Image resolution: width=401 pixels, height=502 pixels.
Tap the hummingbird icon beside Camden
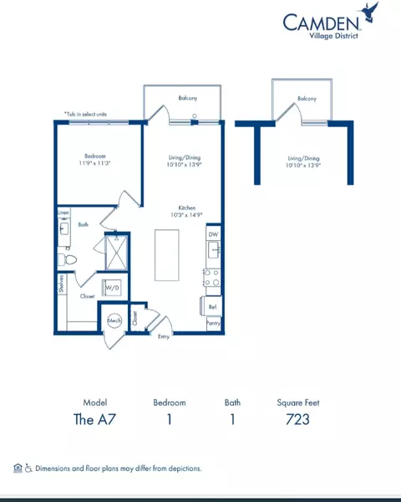tap(373, 11)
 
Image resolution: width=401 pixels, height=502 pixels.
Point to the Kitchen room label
tap(186, 208)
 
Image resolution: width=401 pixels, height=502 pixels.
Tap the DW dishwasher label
tap(213, 235)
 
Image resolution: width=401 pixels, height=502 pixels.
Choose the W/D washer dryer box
tap(111, 289)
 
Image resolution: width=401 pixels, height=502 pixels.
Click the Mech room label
tap(114, 321)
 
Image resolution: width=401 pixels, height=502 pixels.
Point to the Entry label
tap(165, 337)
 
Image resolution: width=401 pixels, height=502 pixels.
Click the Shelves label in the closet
tap(62, 285)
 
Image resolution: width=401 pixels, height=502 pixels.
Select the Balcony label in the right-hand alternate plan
tap(307, 99)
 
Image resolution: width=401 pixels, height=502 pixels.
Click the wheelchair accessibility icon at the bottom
tap(28, 469)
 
